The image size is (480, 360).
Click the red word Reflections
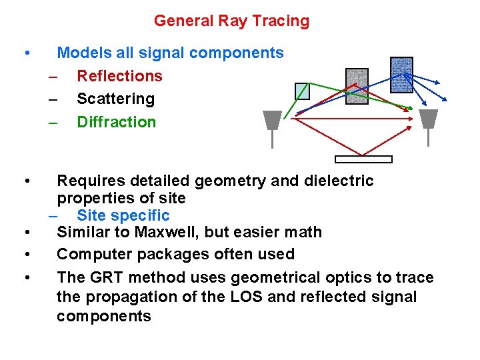coord(119,76)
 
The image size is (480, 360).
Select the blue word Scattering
coord(115,99)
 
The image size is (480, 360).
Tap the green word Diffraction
coord(116,122)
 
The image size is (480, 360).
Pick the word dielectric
coord(336,181)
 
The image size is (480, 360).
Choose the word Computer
coord(93,254)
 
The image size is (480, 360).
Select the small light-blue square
coord(303,91)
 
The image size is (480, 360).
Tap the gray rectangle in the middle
coord(357,87)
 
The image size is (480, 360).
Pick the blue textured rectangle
coord(401,75)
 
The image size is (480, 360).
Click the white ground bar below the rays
coord(363,159)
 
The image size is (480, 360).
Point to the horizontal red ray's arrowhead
coord(414,119)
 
